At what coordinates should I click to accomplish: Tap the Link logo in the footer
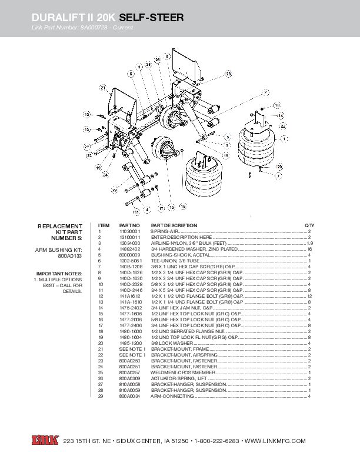43,441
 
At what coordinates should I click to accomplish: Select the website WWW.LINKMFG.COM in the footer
275,441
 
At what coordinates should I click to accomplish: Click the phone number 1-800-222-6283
217,441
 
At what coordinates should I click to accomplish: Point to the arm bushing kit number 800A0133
70,256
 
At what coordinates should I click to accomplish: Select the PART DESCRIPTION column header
174,225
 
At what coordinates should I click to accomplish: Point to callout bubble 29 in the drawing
115,191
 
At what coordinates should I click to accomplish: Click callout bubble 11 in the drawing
136,210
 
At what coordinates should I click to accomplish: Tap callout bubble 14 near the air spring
281,116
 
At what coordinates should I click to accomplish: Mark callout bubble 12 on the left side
86,114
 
